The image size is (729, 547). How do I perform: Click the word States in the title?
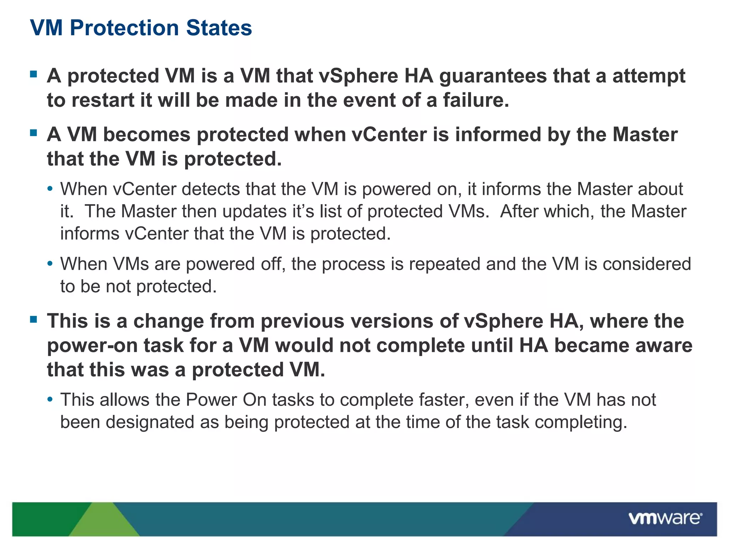(219, 28)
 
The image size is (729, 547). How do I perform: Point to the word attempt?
(649, 77)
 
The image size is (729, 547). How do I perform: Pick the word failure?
(476, 100)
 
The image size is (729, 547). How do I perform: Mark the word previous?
(303, 321)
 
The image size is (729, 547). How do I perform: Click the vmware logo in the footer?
(665, 518)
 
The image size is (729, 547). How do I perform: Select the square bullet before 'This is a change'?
(34, 319)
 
